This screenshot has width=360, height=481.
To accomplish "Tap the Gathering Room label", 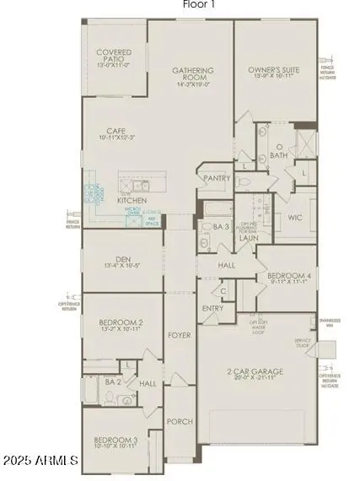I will [192, 71].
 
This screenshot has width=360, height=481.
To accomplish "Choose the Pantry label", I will [212, 178].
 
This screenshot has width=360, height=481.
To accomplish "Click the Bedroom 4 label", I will [286, 276].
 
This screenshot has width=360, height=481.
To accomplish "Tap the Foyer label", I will [179, 335].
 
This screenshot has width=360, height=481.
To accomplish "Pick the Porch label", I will [180, 421].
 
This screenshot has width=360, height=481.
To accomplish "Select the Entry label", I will [212, 308].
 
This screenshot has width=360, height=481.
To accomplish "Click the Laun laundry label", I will [249, 238].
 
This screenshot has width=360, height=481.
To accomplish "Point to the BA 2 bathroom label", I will [114, 381].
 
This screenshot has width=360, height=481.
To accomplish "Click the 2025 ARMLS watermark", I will [41, 461].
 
